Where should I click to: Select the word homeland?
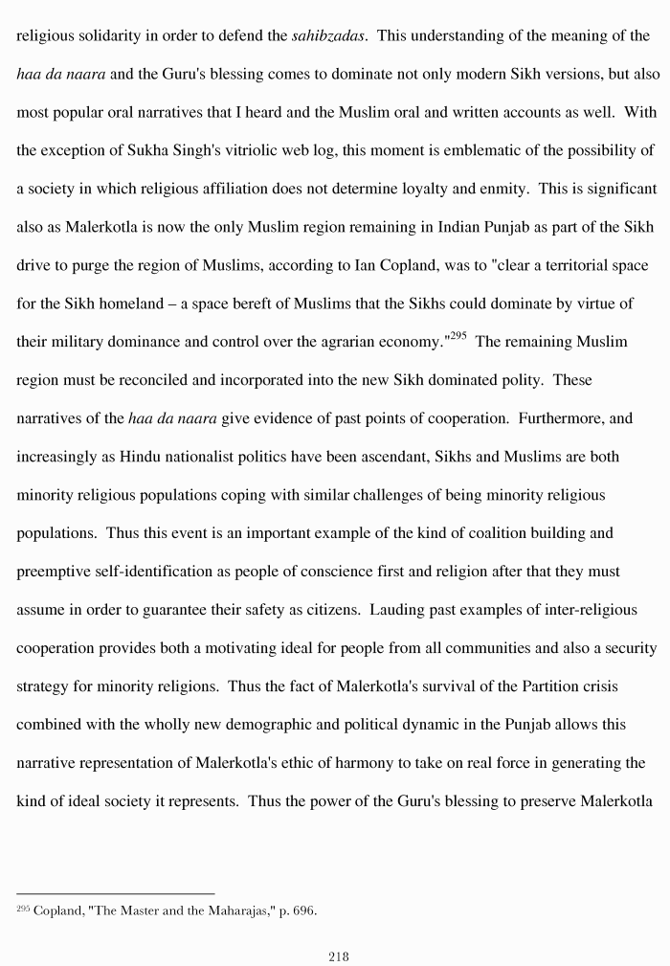[x=115, y=303]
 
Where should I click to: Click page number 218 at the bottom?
[x=338, y=955]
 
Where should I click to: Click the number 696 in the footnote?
[x=301, y=910]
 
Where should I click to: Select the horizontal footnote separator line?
[x=115, y=893]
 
